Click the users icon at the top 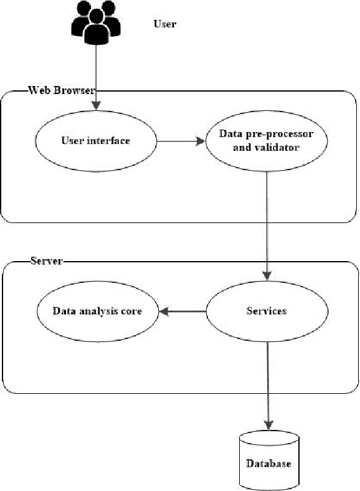point(95,24)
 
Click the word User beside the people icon point(164,24)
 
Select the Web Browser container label point(61,90)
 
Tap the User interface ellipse point(95,141)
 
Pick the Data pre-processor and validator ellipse point(266,141)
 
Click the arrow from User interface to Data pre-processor point(181,141)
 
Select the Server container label point(46,261)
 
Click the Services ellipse point(267,310)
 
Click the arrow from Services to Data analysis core point(181,310)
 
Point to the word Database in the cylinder point(268,464)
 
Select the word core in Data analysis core point(130,310)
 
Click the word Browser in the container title point(77,90)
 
